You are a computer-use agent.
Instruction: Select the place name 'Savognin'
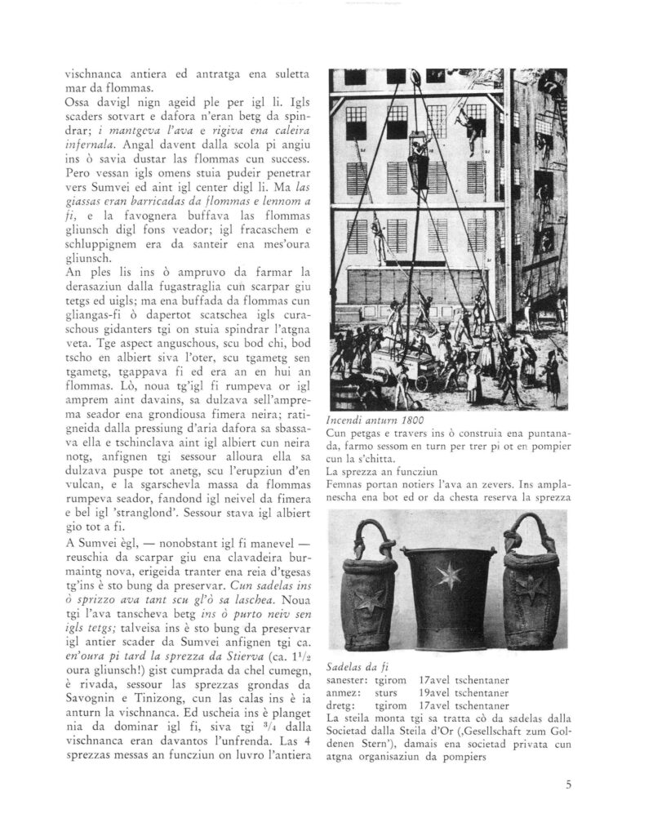click(91, 699)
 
